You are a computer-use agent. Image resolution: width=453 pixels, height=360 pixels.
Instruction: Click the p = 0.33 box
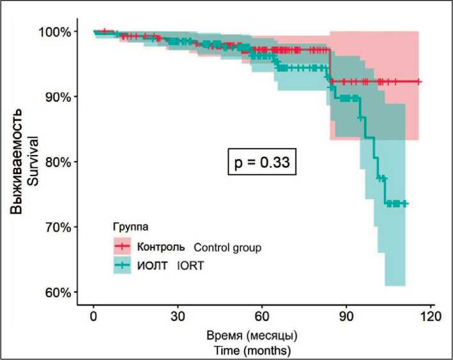pyautogui.click(x=260, y=162)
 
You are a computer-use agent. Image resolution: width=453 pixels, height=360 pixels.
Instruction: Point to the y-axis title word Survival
pyautogui.click(x=33, y=162)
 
